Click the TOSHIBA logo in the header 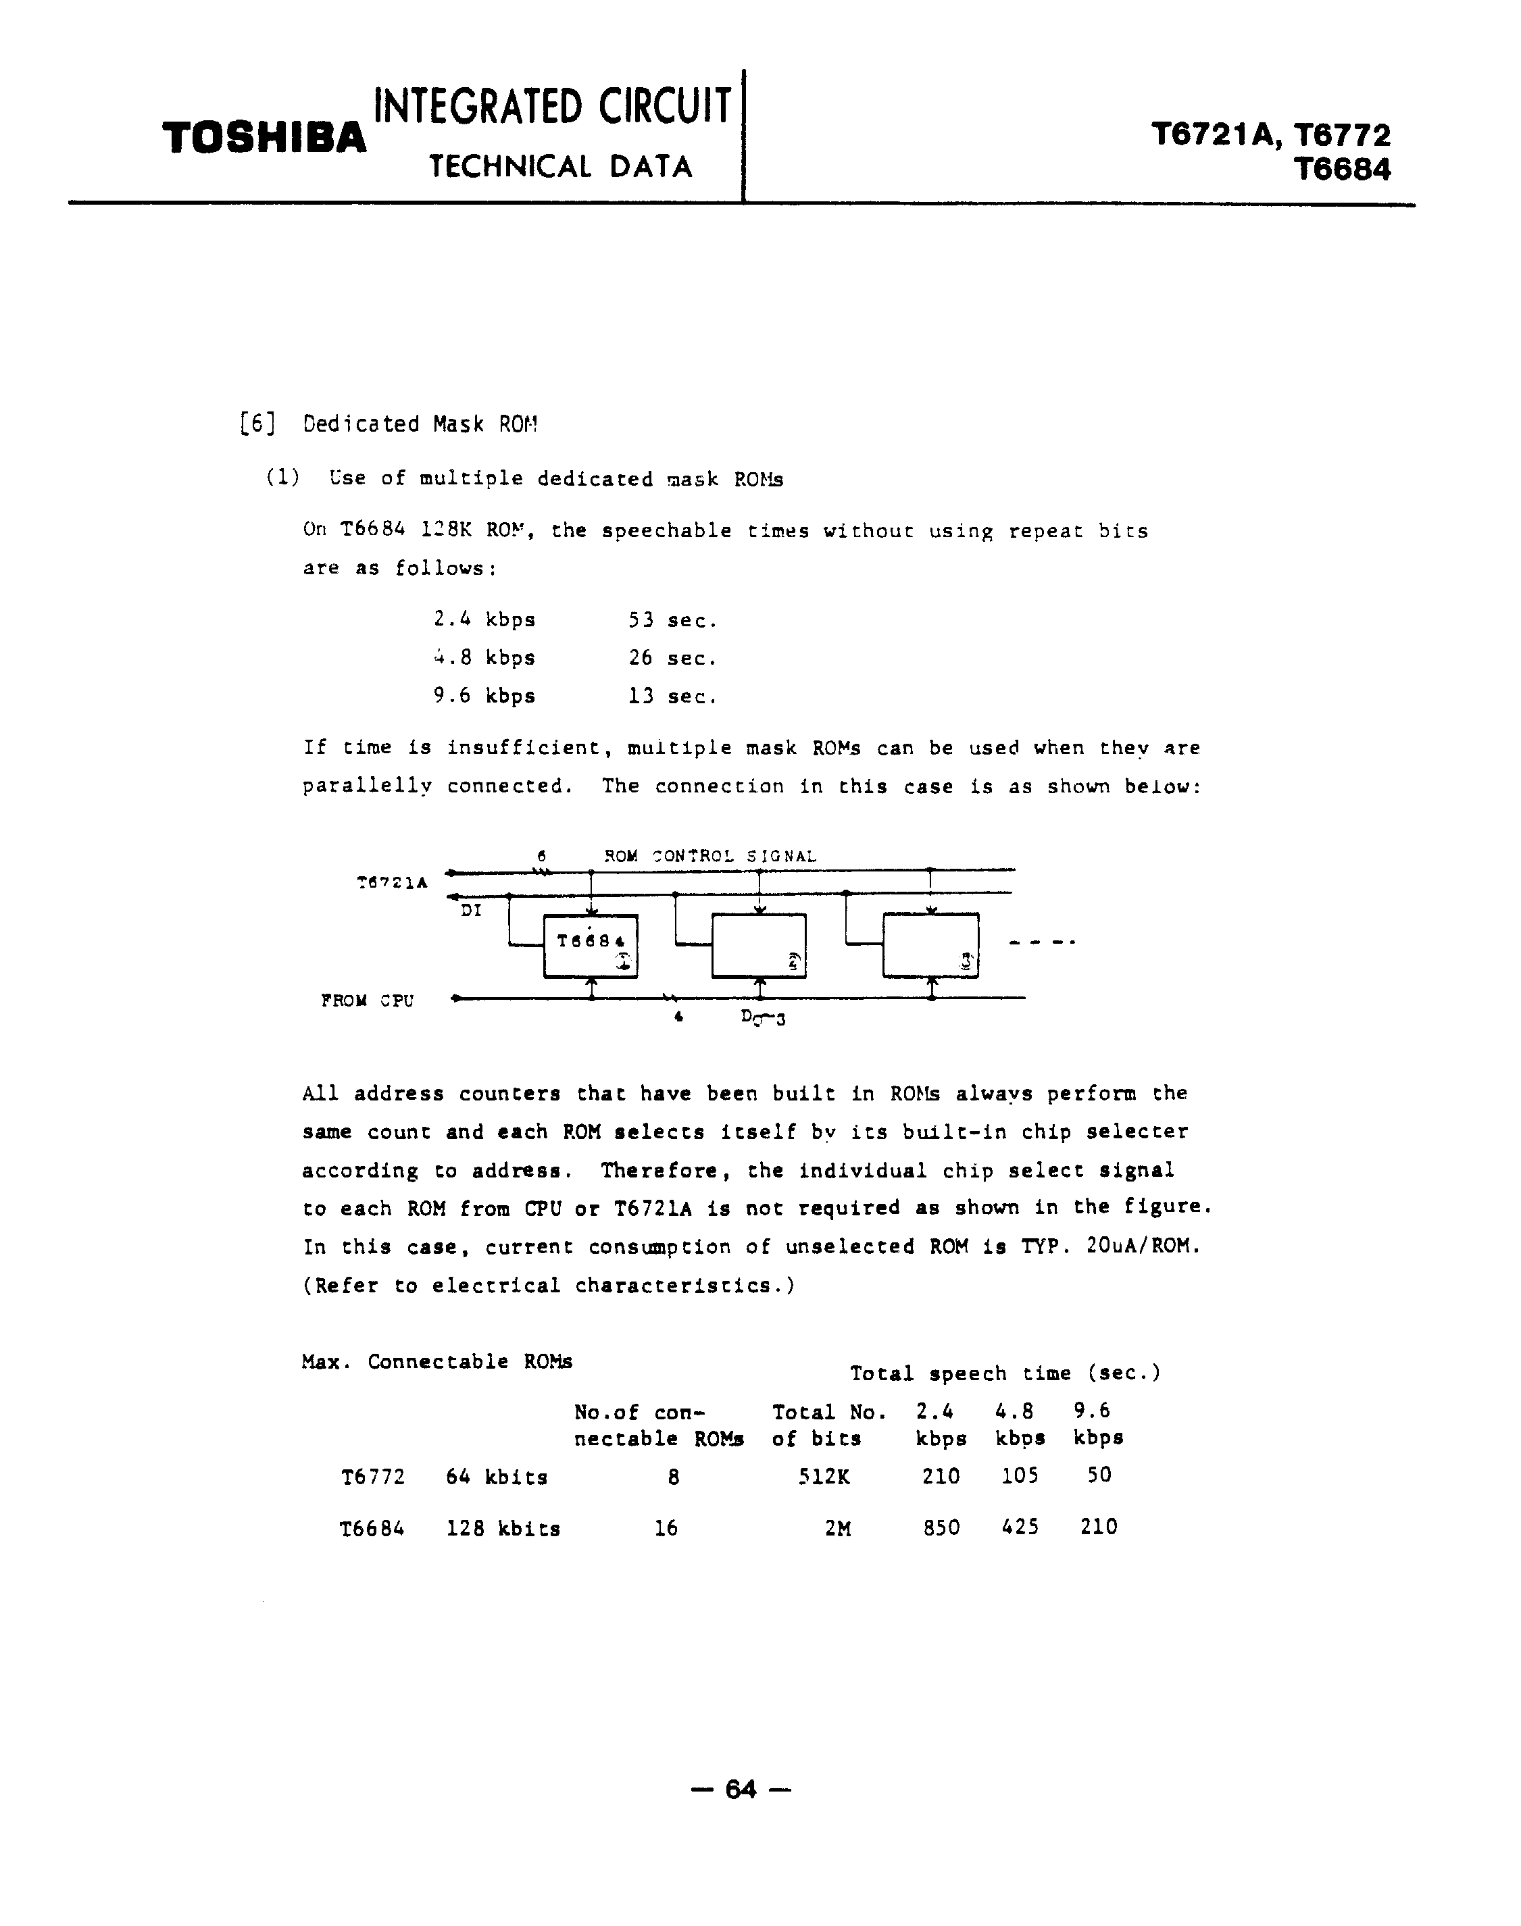(264, 139)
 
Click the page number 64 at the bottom (741, 1789)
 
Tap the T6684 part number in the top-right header (1343, 169)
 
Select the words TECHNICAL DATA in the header (560, 166)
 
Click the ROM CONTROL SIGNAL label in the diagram (709, 856)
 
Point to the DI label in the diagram (471, 911)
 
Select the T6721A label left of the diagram (392, 884)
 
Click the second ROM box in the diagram (759, 946)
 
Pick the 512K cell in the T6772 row (824, 1477)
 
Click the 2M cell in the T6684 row (837, 1529)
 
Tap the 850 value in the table (941, 1528)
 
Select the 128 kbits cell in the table (503, 1529)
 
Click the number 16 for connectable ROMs (666, 1529)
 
